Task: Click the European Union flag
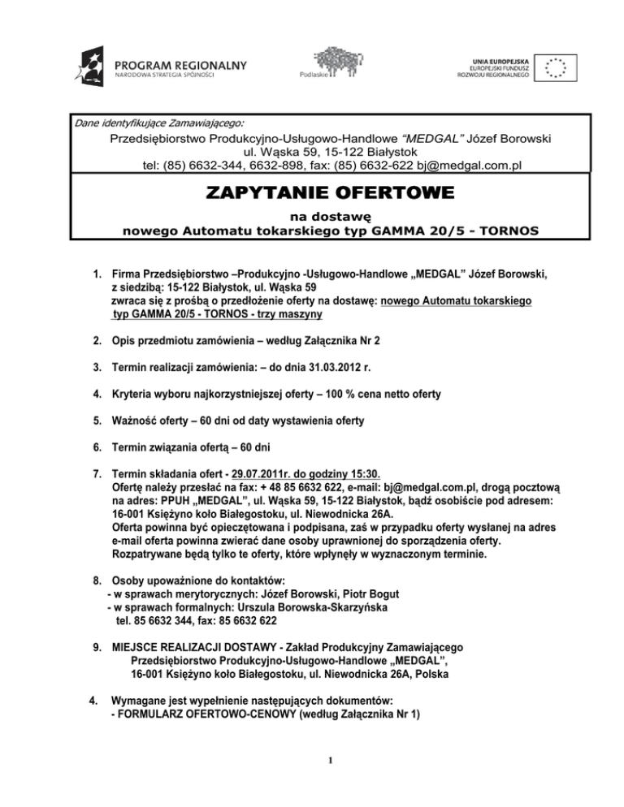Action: (556, 68)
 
